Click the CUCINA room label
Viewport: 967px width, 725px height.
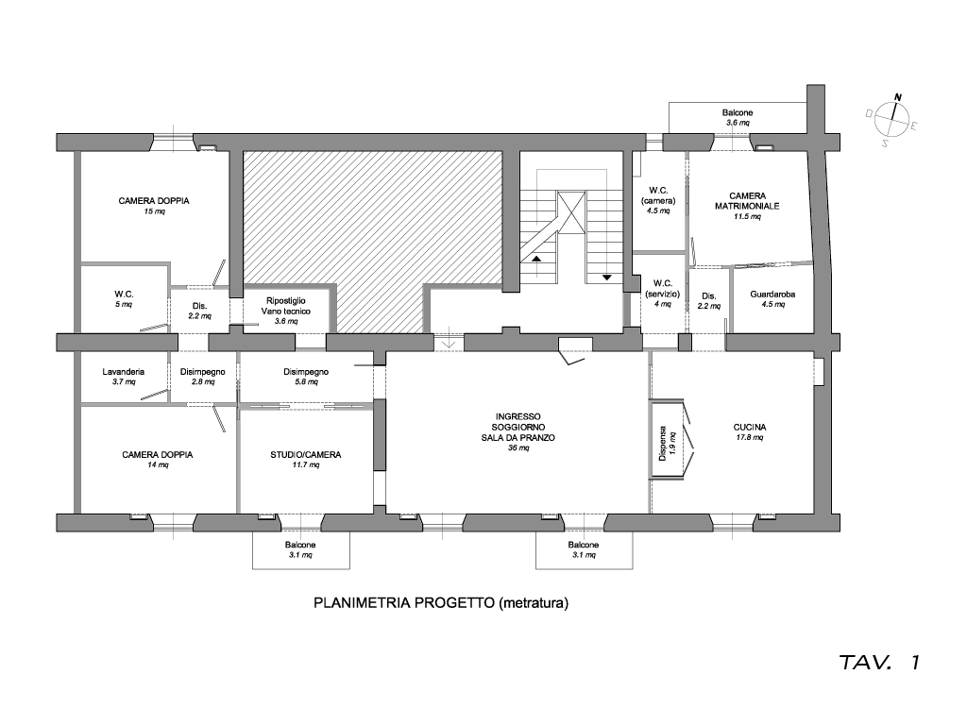pos(749,427)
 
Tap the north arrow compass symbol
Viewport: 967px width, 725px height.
pos(892,119)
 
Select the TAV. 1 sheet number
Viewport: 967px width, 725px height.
pos(878,663)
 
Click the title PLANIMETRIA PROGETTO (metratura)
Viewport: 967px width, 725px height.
pos(441,601)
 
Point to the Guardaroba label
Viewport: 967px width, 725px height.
pos(772,295)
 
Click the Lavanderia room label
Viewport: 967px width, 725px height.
pos(123,372)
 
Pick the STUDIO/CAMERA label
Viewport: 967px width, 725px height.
pos(305,455)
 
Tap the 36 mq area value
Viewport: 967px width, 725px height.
pos(518,448)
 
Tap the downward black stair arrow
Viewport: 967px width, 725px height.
pos(606,278)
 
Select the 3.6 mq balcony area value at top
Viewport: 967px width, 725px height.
pos(738,124)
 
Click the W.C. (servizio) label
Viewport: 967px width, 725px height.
pos(661,288)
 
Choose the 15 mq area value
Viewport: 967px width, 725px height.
pos(154,212)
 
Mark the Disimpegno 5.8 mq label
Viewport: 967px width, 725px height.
pos(305,377)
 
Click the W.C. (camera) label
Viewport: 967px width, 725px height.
pos(658,199)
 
